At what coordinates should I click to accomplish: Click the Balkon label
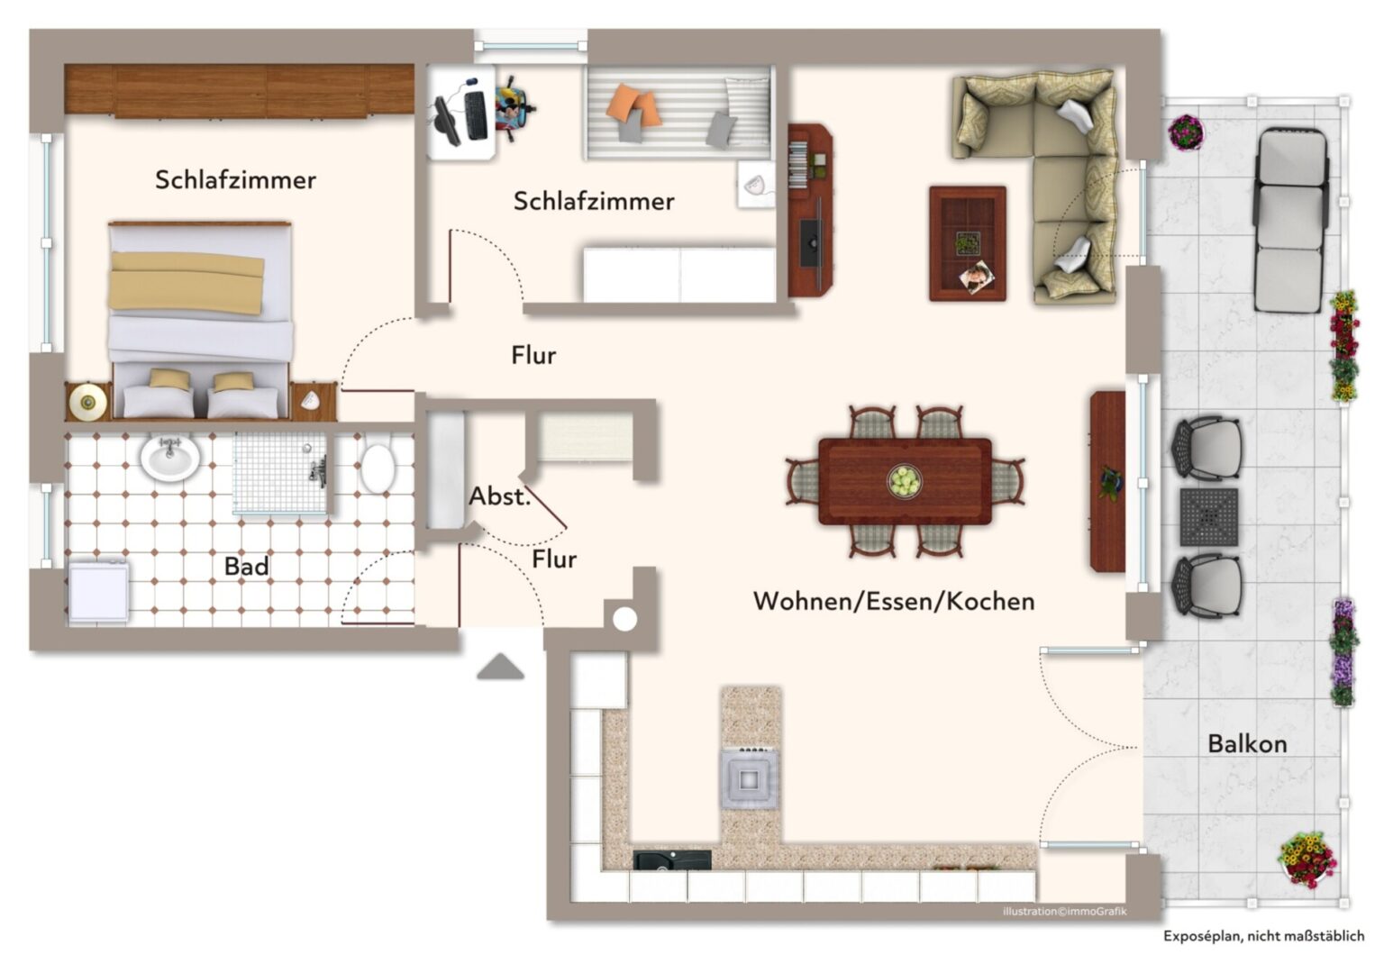pos(1246,744)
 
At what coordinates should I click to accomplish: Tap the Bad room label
pos(246,567)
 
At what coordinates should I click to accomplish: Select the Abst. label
pos(499,496)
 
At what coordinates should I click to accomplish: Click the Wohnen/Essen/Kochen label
pos(893,601)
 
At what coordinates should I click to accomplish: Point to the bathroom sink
pos(170,458)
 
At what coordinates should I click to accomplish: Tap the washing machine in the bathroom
pos(98,592)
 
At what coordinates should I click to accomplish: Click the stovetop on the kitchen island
pos(750,777)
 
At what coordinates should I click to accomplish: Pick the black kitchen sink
pos(671,860)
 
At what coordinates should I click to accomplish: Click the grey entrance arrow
pos(500,668)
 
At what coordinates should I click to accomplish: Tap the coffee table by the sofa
pos(968,243)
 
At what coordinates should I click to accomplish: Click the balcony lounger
pos(1291,219)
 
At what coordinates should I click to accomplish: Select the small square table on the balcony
pos(1208,517)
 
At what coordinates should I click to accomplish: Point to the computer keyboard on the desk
pos(476,115)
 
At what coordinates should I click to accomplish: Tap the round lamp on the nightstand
pos(87,402)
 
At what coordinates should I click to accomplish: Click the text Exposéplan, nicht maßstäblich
pos(1263,936)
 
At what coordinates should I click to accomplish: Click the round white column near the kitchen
pos(624,619)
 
